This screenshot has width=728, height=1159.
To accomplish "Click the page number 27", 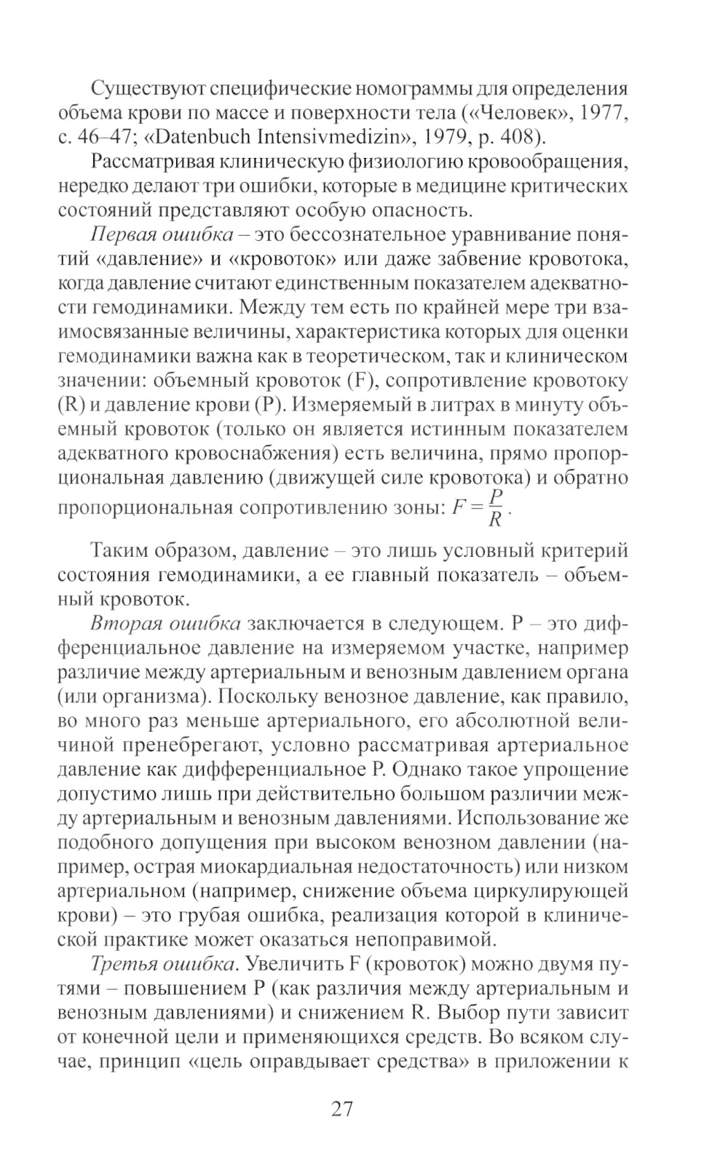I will pyautogui.click(x=341, y=1109).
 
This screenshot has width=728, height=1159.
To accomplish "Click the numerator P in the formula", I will pyautogui.click(x=496, y=496).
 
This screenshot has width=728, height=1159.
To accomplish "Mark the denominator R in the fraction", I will pyautogui.click(x=494, y=520).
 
